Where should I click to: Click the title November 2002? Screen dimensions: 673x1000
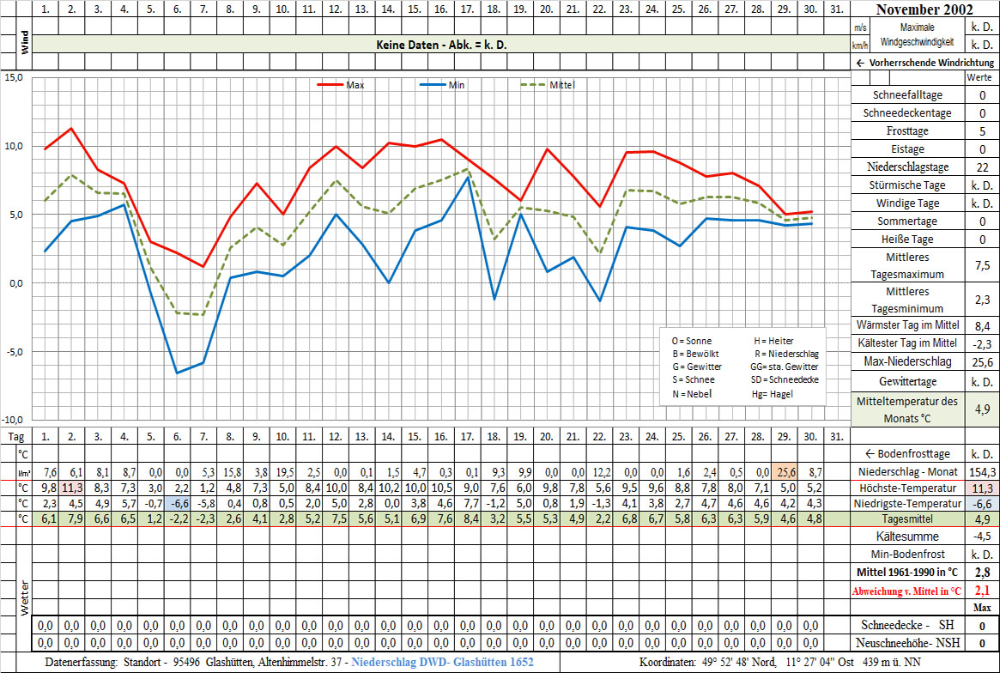tap(924, 10)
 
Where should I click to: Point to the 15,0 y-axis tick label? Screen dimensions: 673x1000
tap(14, 77)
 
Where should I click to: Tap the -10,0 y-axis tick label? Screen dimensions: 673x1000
tap(12, 420)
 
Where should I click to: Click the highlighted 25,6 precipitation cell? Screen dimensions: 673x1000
tap(784, 472)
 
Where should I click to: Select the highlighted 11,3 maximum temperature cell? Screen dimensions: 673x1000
tap(71, 488)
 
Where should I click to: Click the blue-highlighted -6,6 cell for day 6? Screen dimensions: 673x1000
tap(177, 503)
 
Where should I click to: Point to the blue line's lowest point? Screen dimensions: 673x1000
tap(177, 373)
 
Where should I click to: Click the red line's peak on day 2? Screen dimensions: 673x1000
tap(71, 128)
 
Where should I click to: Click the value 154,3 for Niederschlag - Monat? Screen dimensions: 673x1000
tap(981, 472)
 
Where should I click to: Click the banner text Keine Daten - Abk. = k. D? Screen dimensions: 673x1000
tap(441, 45)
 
